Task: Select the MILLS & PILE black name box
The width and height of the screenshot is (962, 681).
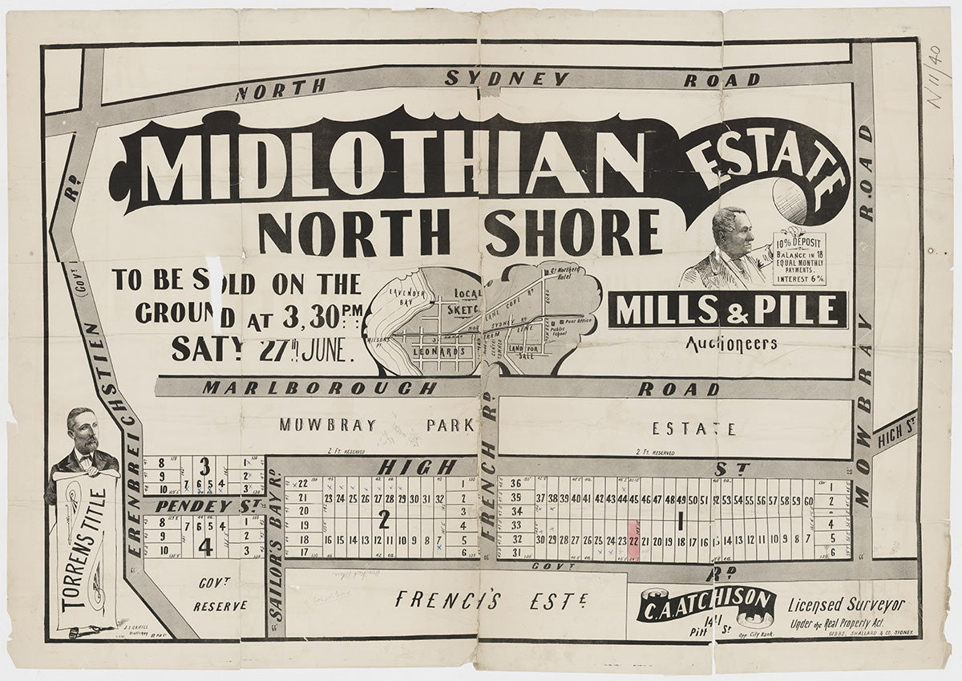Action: pos(727,310)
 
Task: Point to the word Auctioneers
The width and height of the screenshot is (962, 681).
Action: pos(730,344)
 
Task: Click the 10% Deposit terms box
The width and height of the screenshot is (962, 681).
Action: pos(798,258)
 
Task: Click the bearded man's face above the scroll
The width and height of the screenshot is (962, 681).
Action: pos(83,433)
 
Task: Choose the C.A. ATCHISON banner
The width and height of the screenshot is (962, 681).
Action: pos(706,606)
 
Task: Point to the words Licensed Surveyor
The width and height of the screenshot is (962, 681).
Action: pos(847,605)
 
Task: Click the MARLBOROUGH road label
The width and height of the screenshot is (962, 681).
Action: pos(319,388)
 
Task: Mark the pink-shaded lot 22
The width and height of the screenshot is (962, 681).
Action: pos(633,539)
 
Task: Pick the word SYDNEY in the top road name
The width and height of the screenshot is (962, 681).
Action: pos(507,79)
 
